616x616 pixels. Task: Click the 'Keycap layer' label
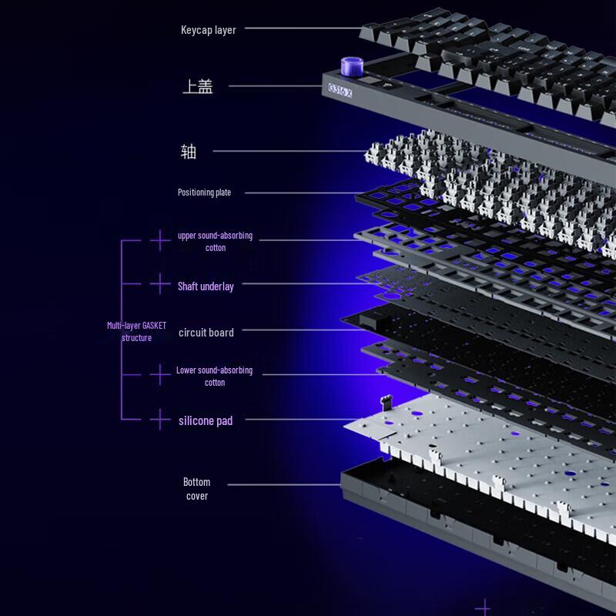208,30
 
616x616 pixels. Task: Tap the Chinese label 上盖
197,86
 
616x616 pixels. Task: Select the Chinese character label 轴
189,151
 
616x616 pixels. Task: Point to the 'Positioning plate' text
204,192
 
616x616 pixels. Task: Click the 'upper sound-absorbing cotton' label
215,242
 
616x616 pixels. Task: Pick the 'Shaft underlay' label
206,286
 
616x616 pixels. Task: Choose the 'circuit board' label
206,333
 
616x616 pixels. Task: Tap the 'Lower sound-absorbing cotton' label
214,376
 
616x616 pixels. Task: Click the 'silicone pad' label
206,420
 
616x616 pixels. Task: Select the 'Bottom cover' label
196,489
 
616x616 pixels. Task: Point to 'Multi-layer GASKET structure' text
136,332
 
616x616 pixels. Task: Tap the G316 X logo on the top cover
340,91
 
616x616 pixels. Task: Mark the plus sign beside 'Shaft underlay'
159,284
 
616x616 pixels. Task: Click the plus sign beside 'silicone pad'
159,420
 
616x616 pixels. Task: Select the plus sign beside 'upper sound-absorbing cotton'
159,240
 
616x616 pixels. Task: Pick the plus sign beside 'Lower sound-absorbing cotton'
159,375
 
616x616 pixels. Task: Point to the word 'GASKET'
154,326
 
